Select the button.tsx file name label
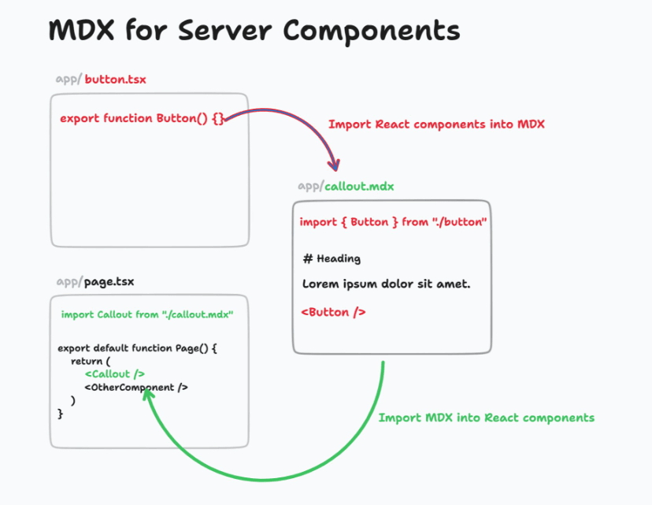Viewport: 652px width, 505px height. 115,80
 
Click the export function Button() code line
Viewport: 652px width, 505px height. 142,118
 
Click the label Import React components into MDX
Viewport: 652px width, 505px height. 436,124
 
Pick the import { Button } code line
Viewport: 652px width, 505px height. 393,222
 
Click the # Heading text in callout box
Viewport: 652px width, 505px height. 332,258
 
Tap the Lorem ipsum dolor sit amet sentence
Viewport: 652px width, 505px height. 386,284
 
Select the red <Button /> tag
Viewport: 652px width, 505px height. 333,312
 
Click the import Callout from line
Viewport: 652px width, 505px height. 147,315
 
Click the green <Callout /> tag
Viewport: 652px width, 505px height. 114,374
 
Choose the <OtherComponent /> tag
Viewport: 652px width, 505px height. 136,388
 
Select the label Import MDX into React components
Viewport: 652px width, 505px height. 486,418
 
